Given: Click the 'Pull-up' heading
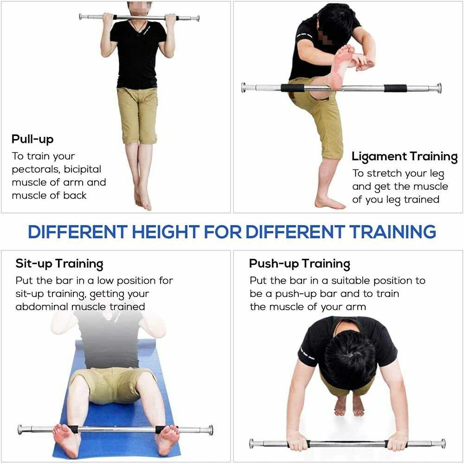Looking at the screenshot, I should click(32, 139).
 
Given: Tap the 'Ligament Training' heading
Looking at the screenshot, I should click(404, 157).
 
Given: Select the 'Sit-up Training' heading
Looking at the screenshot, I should click(59, 264).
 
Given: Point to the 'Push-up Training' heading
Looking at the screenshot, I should click(299, 264).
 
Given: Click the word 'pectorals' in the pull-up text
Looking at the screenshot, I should click(35, 169).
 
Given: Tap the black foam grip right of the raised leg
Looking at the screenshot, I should click(395, 88).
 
